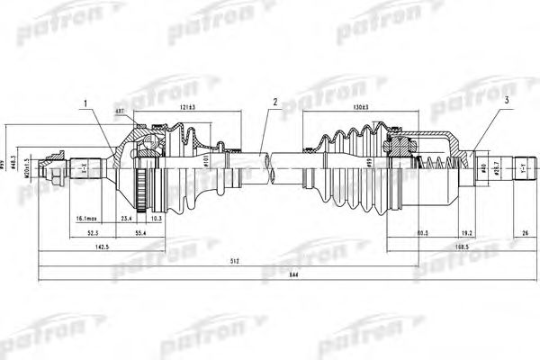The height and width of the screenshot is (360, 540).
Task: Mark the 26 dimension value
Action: point(525,231)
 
